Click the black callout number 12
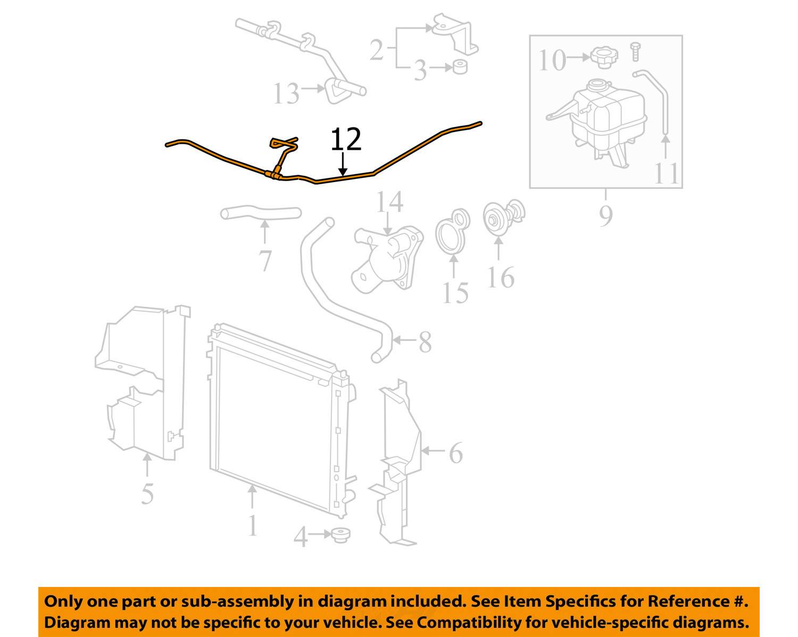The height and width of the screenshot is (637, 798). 346,139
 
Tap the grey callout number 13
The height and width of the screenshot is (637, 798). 286,93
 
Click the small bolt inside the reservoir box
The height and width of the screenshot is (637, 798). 635,52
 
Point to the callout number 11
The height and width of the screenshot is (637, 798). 667,173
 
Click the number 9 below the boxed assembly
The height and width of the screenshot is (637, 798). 606,216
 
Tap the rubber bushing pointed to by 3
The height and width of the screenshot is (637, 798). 460,67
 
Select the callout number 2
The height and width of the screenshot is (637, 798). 377,50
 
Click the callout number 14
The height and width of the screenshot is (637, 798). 390,202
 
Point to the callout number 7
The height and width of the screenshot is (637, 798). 265,260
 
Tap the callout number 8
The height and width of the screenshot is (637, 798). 425,342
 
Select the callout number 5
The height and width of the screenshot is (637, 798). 147,493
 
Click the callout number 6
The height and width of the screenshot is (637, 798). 456,453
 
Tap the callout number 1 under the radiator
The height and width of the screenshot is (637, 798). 253,526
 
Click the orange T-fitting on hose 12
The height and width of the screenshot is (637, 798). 273,175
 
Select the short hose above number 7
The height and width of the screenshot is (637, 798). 261,213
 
